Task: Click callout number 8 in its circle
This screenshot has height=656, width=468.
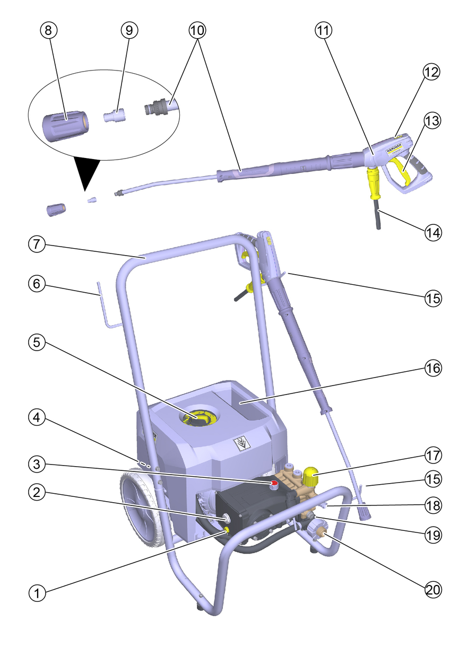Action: (x=48, y=30)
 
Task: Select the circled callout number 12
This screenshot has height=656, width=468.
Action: (x=431, y=73)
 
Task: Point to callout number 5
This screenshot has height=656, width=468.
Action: (x=37, y=343)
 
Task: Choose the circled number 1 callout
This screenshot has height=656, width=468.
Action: (x=37, y=593)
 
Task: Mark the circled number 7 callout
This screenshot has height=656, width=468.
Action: (x=37, y=244)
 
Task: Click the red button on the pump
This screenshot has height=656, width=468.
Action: (x=274, y=484)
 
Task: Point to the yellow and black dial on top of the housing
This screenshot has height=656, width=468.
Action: (x=201, y=418)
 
